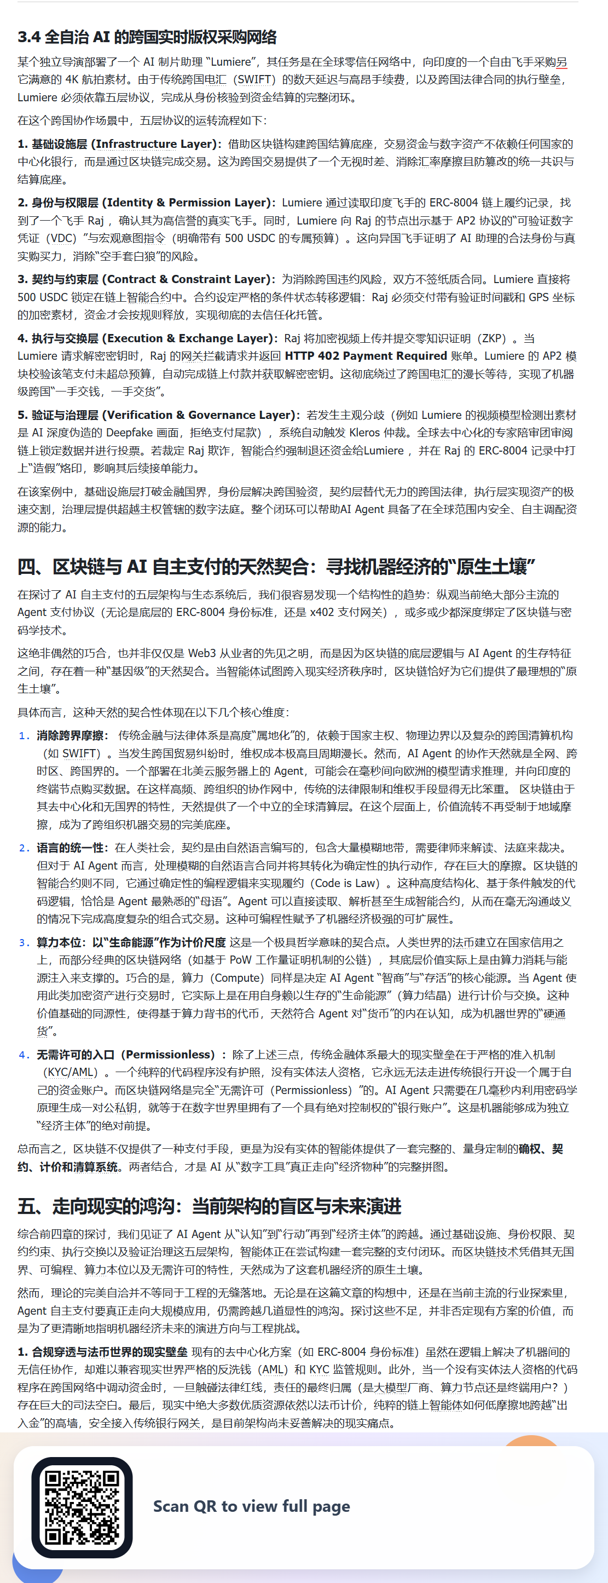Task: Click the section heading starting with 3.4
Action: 147,37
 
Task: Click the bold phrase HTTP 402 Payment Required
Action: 366,356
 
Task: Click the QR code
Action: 82,1507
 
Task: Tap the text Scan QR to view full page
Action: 251,1506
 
